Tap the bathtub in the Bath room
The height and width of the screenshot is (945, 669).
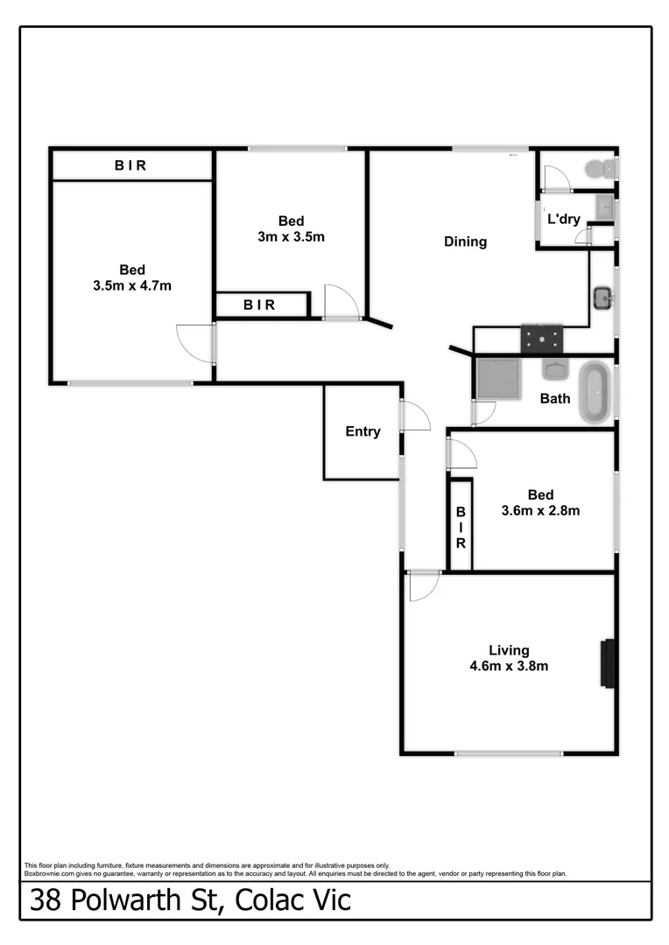[595, 393]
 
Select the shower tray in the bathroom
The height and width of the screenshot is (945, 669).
[498, 377]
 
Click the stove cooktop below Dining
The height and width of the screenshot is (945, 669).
[543, 338]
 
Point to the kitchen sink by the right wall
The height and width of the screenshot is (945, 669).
[602, 298]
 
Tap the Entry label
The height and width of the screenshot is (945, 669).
[363, 431]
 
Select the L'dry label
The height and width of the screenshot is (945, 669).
[564, 219]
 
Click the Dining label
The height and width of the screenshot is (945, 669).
[465, 241]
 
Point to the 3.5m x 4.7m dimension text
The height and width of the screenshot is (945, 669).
[132, 285]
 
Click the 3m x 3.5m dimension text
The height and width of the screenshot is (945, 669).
[292, 236]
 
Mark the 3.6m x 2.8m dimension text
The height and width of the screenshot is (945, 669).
[540, 510]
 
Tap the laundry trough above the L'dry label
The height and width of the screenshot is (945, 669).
[605, 207]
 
